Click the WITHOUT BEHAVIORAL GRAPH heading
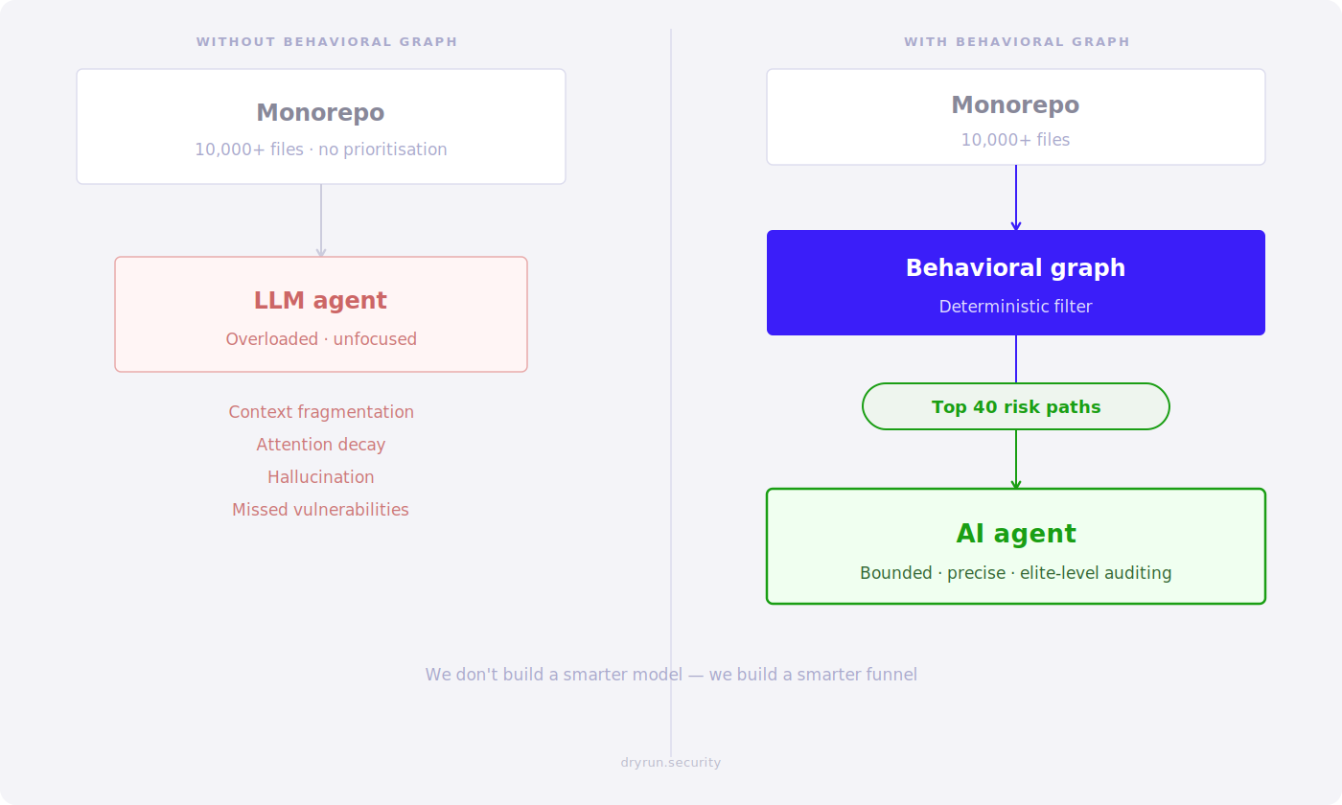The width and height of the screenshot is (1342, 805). pos(327,42)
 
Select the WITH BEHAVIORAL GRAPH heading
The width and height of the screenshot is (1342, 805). pos(1016,42)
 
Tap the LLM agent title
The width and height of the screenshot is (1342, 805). pos(320,301)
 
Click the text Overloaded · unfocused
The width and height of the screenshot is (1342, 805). pos(320,339)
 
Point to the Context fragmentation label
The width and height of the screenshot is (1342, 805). pos(320,412)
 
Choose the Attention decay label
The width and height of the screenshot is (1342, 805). pos(320,445)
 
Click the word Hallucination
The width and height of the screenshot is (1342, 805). pos(320,477)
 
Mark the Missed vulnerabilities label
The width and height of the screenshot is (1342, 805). pos(320,510)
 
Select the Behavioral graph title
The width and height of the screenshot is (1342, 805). pos(1015,268)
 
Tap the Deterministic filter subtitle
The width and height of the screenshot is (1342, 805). pos(1015,307)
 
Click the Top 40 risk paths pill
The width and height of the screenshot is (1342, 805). pos(1015,407)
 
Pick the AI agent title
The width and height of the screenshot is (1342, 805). pos(1015,534)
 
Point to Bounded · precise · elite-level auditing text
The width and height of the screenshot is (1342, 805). pos(1015,573)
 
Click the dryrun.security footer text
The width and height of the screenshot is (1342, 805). pos(670,763)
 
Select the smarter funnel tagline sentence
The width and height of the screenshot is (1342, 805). pos(671,675)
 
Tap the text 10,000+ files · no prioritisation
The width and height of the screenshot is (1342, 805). pos(320,149)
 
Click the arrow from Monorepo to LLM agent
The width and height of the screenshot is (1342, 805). pos(321,220)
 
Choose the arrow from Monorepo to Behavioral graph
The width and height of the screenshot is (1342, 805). pos(1016,197)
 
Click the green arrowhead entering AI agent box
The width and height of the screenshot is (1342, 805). pos(1016,485)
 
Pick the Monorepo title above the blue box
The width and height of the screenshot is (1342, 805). pos(1015,105)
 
